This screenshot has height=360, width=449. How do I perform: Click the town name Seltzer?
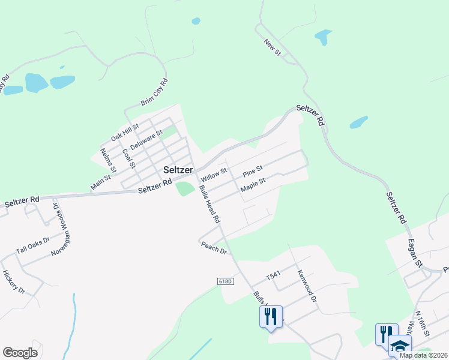point(178,170)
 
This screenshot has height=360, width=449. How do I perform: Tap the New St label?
point(273,47)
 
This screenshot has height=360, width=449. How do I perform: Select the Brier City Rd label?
point(154,92)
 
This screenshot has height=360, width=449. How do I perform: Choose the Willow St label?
point(214,175)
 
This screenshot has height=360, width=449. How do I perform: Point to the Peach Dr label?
point(213,247)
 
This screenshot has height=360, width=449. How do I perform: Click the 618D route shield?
point(225,281)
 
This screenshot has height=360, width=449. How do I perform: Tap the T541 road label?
point(274,276)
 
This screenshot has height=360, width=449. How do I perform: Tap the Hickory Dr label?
point(13,281)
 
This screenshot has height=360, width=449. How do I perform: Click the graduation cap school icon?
point(400,346)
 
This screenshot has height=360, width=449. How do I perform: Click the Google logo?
point(20,353)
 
